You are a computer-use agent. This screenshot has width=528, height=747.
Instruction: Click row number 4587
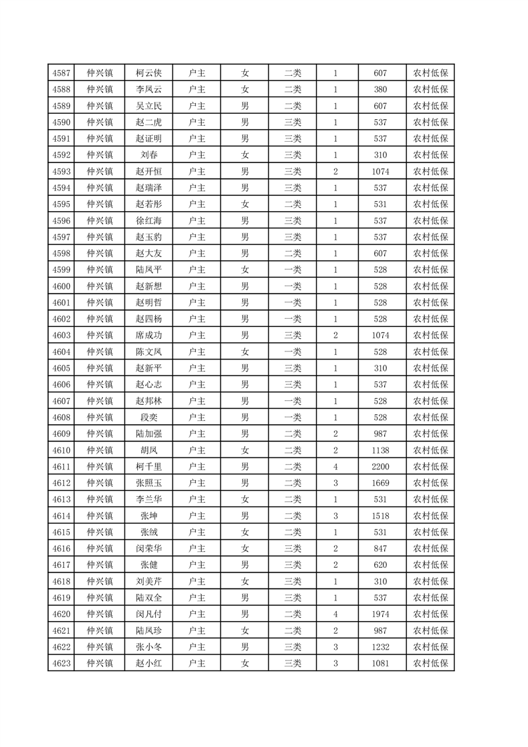tap(61, 73)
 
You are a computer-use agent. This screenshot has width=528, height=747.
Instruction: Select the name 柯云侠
tap(148, 73)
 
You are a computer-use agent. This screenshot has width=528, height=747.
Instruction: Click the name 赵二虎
tap(148, 122)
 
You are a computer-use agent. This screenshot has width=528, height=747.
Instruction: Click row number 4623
tap(61, 664)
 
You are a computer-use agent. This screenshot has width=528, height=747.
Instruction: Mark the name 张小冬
tap(148, 647)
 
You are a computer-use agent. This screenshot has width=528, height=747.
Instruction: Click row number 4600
tap(61, 286)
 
